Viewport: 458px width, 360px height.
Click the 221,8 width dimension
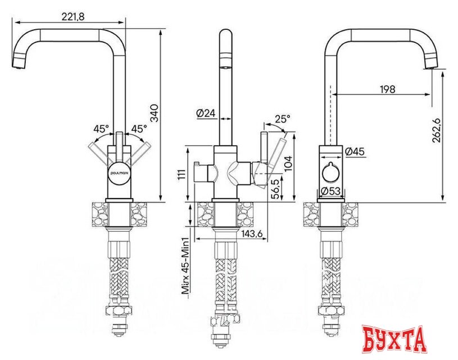72,18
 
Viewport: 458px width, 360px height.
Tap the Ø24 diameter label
206,113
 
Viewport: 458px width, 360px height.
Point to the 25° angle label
282,119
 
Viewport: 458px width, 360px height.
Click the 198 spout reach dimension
388,89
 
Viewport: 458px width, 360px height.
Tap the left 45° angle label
101,129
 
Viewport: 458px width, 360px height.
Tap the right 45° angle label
138,129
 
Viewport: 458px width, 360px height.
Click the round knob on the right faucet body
330,172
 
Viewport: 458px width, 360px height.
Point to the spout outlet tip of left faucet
19,64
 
